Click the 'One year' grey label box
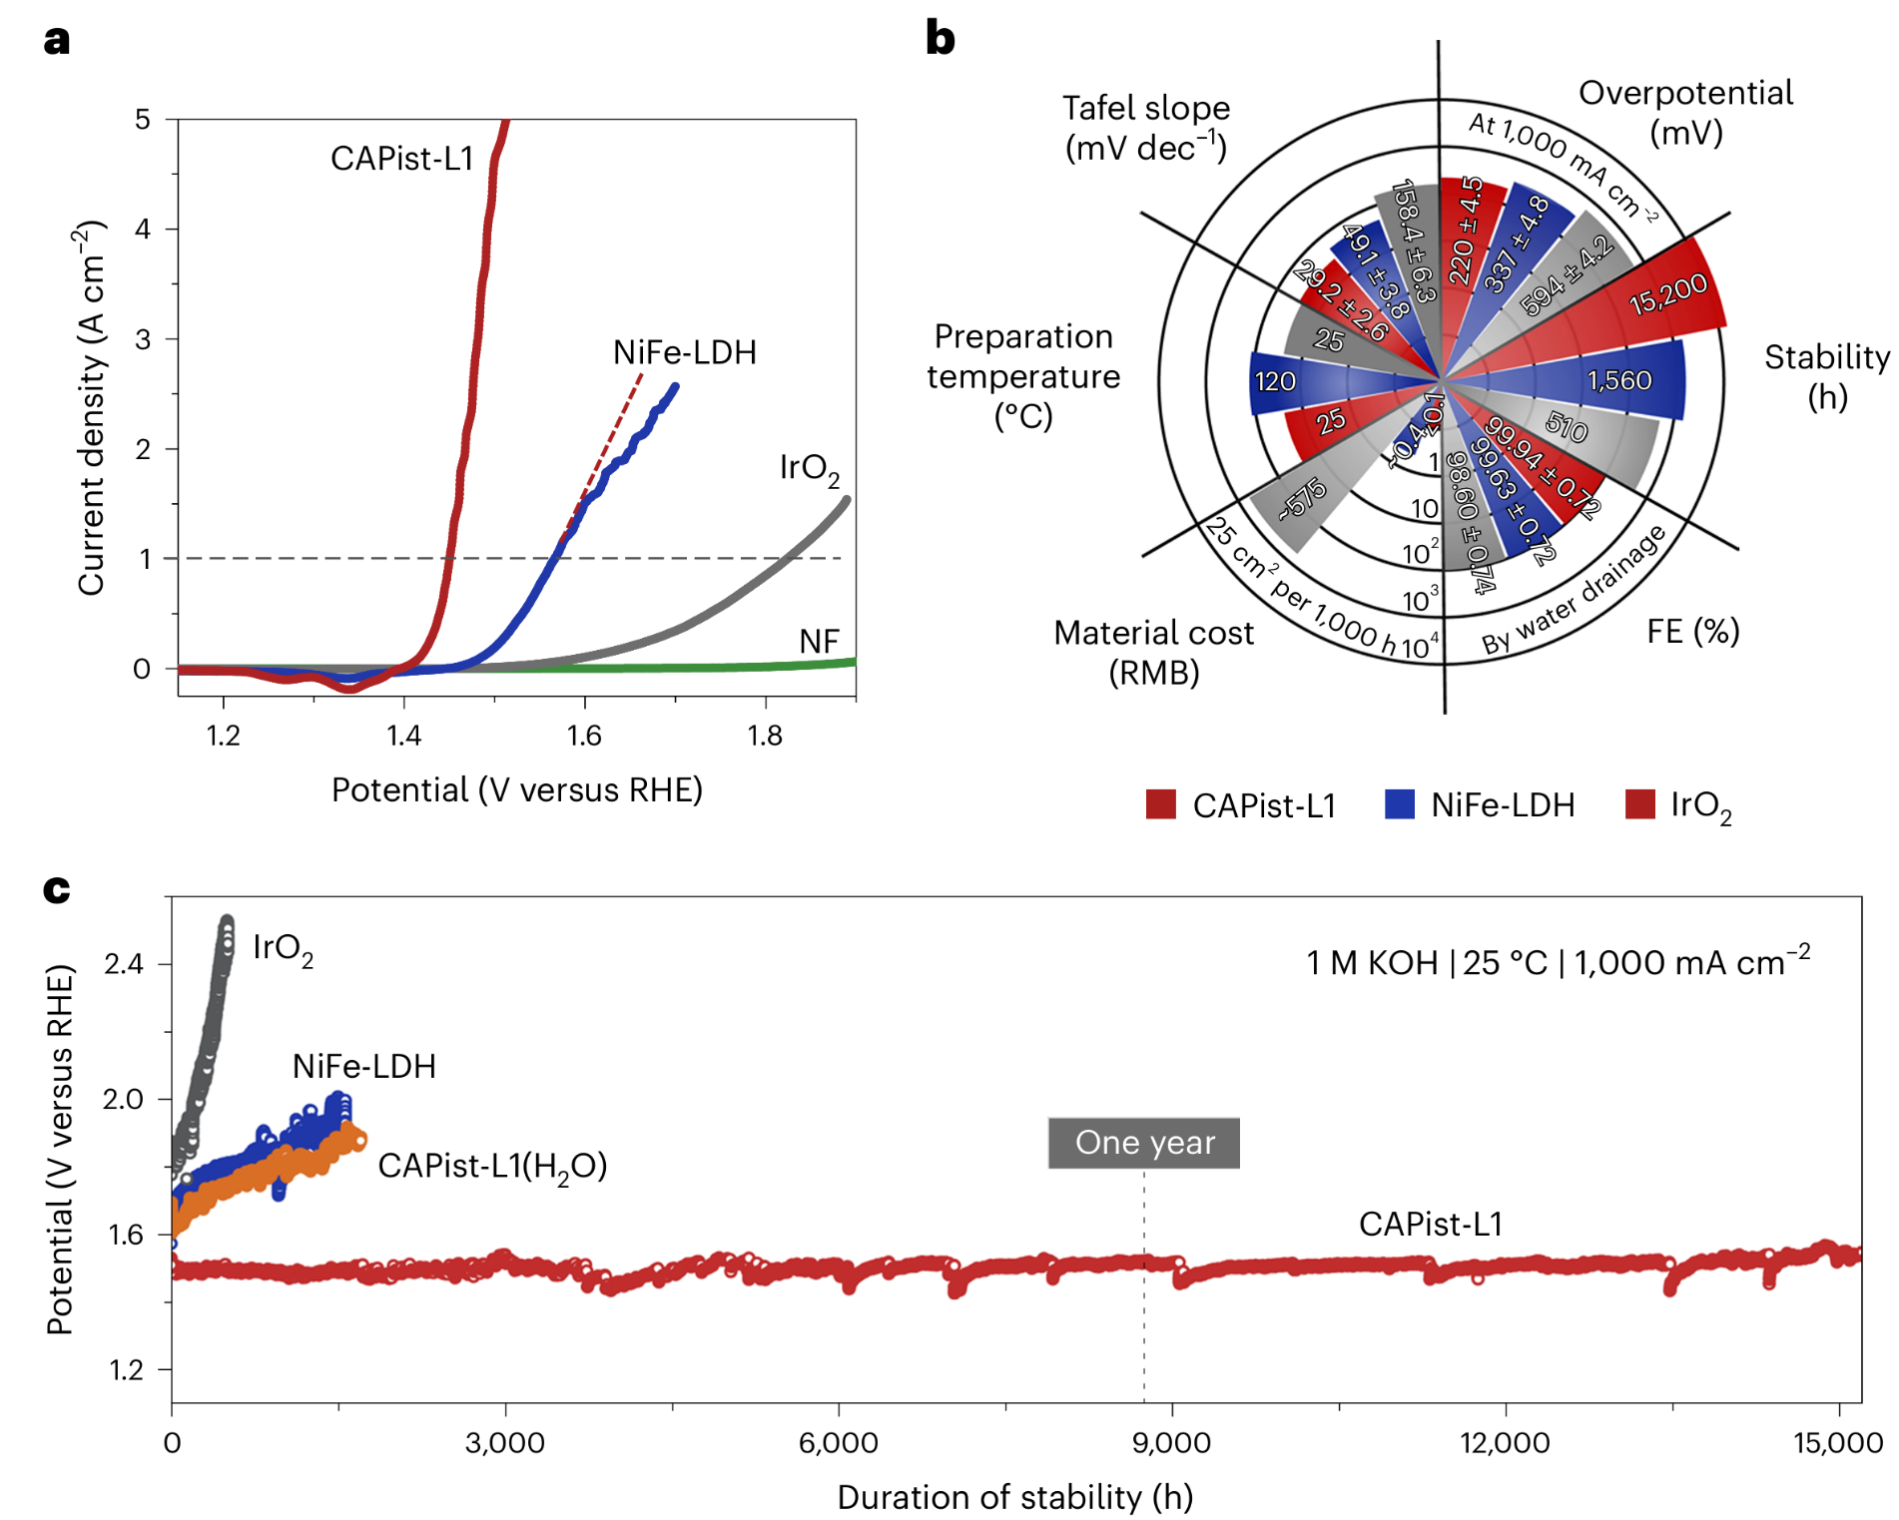[1144, 1143]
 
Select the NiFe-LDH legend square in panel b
[1400, 804]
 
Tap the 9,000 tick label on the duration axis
[1172, 1443]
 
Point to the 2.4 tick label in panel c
[124, 964]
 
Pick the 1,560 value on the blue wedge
[1619, 381]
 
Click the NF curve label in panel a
[819, 642]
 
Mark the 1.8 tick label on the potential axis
[765, 737]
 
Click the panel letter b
[941, 38]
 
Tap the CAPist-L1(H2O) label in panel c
[492, 1167]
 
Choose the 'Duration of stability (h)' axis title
[1015, 1497]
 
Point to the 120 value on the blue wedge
[1275, 382]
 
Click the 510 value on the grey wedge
[1567, 428]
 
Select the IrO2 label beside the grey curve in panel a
[809, 468]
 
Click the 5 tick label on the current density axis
[143, 120]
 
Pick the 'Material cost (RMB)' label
[1153, 653]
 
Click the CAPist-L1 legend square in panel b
[1161, 804]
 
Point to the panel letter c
[57, 888]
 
